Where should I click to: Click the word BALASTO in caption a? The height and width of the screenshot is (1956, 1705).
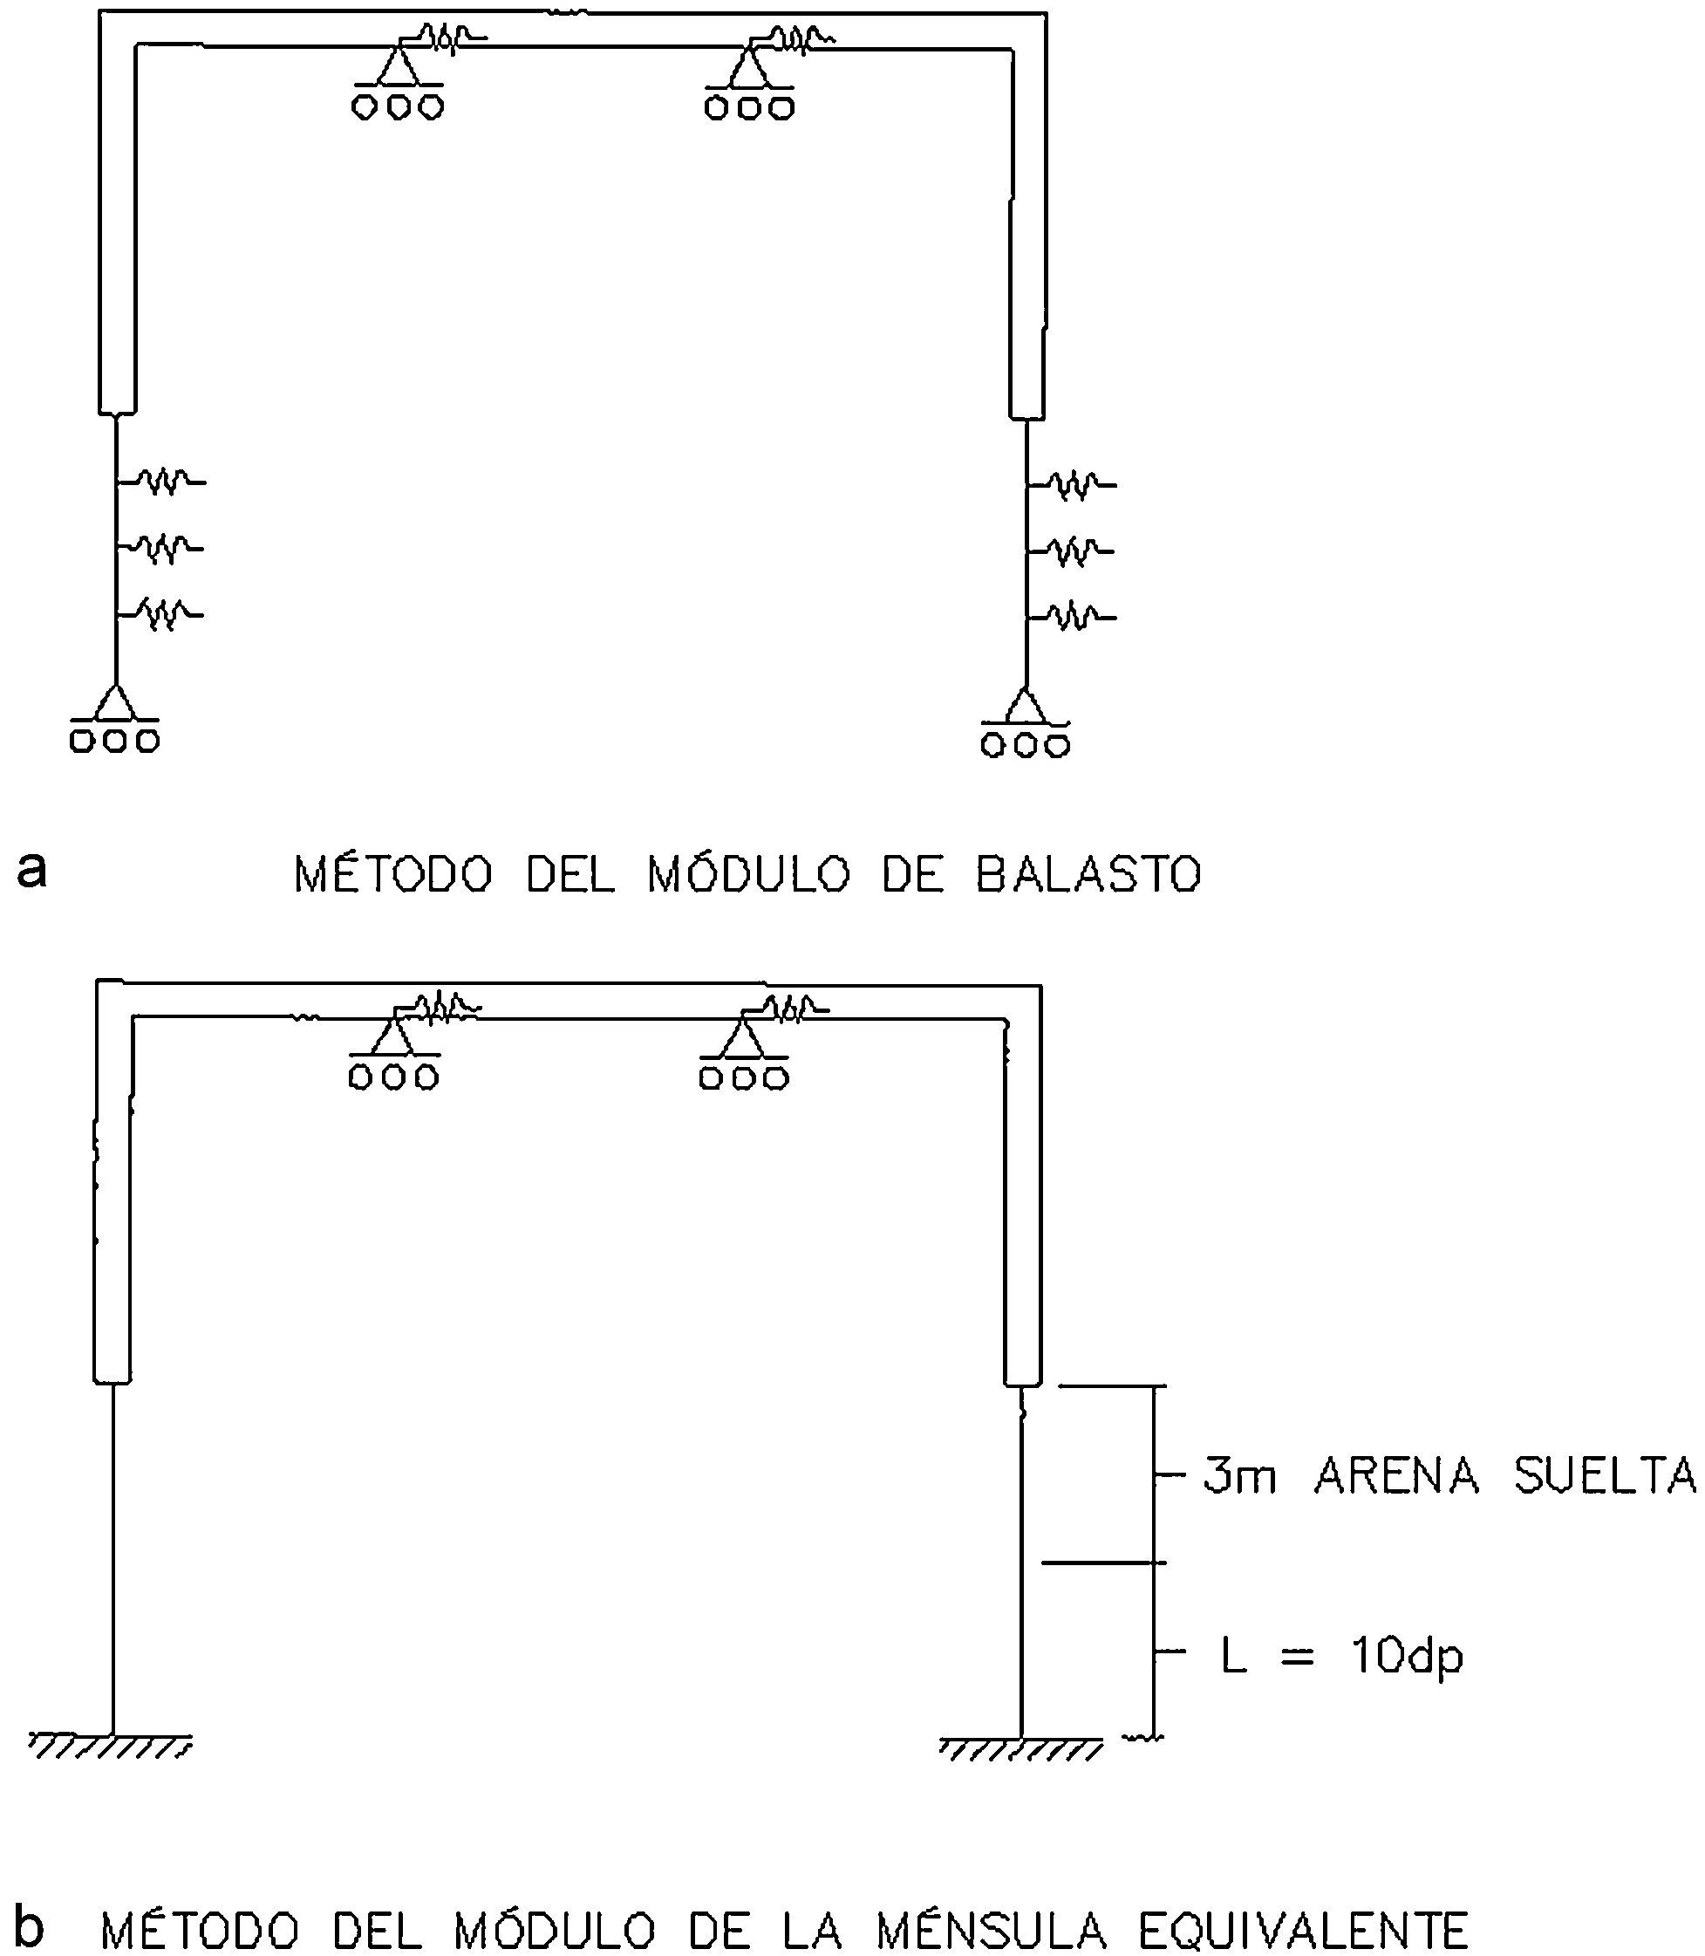[x=1088, y=875]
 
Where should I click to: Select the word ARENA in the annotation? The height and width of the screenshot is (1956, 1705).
[x=1397, y=1476]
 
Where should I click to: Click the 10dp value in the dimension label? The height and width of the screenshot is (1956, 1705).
[x=1406, y=1657]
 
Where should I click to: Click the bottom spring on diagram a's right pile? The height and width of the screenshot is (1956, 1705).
[x=1074, y=617]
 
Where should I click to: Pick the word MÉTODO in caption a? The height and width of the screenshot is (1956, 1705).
[x=393, y=875]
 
